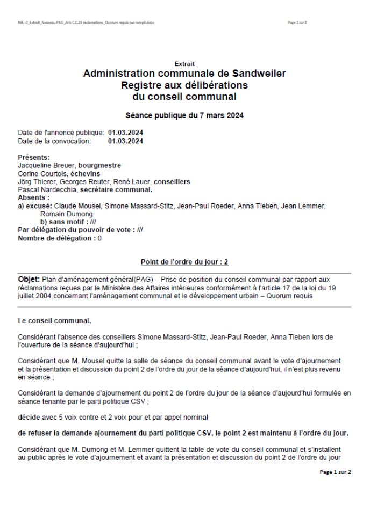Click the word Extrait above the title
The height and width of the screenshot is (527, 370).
point(184,64)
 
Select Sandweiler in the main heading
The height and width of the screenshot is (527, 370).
point(259,74)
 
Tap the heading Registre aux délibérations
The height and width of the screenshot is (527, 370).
point(184,85)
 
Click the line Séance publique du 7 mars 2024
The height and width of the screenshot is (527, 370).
point(184,115)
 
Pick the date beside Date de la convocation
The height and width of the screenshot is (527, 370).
point(125,141)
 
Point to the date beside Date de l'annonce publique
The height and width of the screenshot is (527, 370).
point(125,133)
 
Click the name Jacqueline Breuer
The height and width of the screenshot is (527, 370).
point(44,166)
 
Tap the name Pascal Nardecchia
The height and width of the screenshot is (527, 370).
point(47,190)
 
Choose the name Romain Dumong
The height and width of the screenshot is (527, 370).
point(59,214)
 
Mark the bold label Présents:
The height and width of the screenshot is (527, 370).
point(34,158)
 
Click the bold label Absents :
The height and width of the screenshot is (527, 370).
point(33,198)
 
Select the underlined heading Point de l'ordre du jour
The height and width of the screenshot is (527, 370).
point(184,262)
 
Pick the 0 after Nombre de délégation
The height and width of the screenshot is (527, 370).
point(99,238)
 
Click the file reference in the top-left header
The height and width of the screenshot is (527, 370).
point(86,23)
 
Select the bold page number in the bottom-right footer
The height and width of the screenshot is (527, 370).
point(335,472)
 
